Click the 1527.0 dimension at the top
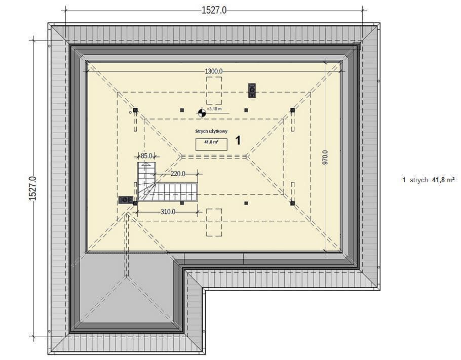[214, 10]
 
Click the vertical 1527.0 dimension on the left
[32, 188]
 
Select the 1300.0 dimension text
[214, 71]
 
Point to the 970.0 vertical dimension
[325, 157]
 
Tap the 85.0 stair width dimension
[146, 156]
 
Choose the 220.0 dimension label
[178, 174]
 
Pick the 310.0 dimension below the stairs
[168, 212]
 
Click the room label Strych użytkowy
[211, 131]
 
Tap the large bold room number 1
[238, 140]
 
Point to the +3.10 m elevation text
[214, 109]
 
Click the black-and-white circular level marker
[202, 112]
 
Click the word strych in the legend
[418, 180]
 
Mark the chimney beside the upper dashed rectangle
[252, 91]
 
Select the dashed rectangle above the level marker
[214, 91]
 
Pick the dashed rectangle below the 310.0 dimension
[214, 222]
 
